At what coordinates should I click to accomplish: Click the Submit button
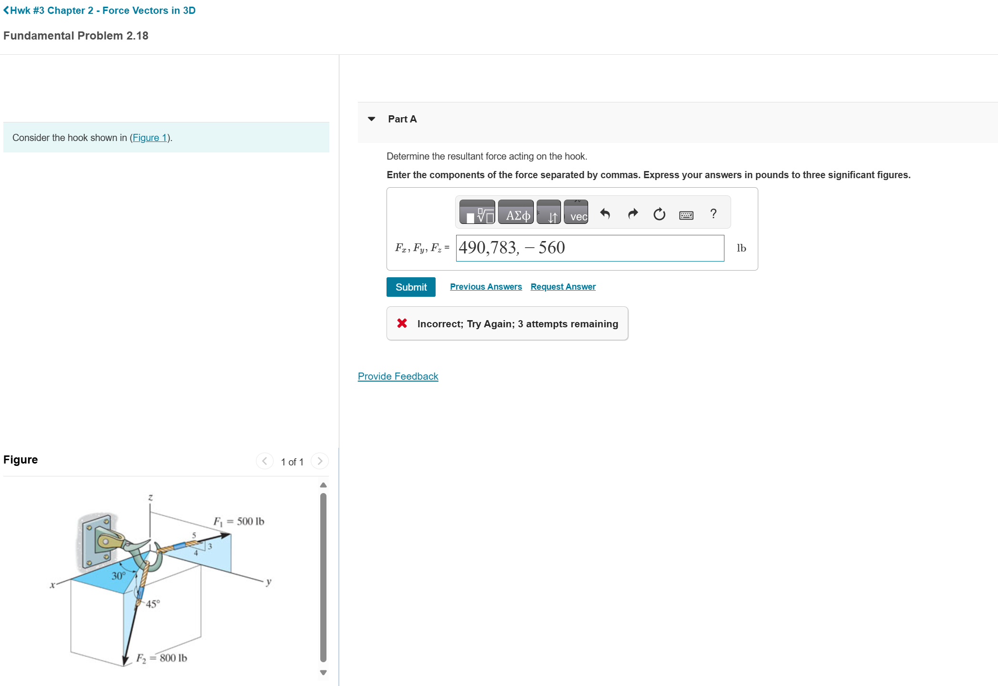411,287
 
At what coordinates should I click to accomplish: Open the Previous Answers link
486,287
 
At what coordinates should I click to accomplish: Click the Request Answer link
563,287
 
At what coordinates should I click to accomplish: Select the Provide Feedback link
398,376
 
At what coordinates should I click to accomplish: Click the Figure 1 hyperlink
150,138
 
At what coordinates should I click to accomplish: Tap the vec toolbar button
576,212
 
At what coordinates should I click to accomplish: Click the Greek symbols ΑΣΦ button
516,212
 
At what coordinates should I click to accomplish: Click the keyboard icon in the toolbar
686,215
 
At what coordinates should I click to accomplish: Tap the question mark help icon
713,213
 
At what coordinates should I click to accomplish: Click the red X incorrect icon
402,323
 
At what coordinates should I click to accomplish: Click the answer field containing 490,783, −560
590,248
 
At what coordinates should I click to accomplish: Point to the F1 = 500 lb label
238,521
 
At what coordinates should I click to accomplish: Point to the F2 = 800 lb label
162,658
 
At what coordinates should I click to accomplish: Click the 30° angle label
119,575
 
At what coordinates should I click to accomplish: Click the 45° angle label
153,604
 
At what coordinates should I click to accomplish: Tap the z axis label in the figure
150,497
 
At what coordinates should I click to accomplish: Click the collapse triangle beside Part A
372,119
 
